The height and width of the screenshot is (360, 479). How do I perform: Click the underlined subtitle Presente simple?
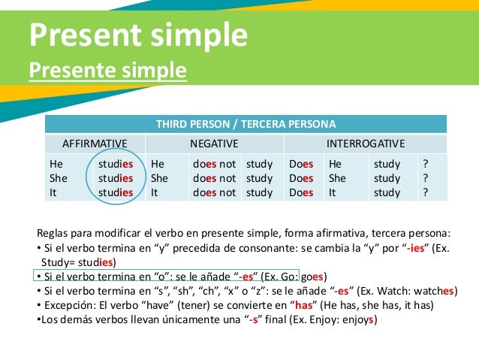[107, 71]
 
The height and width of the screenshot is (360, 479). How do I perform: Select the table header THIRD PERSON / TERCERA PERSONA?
[246, 124]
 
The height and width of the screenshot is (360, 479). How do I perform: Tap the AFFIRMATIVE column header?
[94, 144]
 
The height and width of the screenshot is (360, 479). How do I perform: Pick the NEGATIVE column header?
[214, 144]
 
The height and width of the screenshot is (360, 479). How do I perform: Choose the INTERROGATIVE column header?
[366, 144]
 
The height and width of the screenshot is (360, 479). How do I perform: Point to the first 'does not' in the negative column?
[214, 164]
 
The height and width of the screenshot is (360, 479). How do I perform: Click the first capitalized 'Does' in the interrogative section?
[301, 164]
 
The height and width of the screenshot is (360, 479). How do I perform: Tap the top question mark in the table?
[426, 164]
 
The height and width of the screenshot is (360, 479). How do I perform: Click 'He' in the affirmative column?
[56, 164]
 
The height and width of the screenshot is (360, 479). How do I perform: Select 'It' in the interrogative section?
[333, 192]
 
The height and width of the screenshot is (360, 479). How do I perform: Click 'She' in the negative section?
[159, 178]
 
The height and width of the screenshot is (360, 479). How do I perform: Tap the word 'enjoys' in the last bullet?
[357, 319]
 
